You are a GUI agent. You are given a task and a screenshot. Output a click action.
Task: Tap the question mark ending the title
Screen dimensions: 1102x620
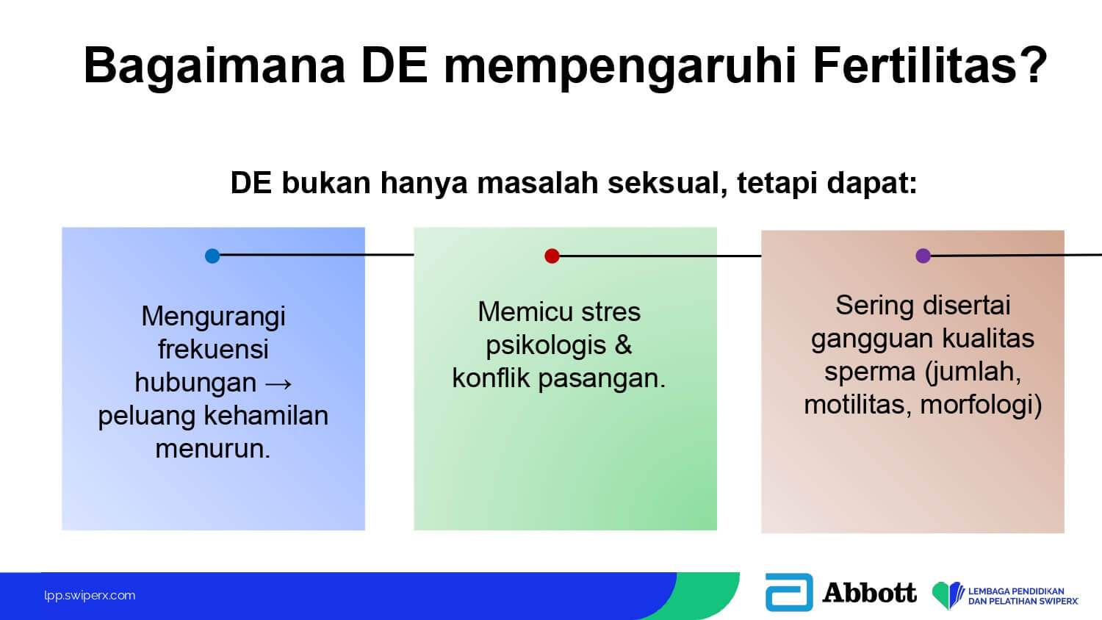(1031, 65)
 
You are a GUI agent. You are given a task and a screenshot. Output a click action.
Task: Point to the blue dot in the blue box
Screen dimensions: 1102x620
(212, 256)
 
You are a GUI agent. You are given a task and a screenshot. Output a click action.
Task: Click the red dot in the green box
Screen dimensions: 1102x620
(552, 256)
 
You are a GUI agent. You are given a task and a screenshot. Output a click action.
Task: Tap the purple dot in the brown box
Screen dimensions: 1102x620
(923, 256)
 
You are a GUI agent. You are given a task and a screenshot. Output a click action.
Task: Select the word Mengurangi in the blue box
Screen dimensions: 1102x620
(213, 317)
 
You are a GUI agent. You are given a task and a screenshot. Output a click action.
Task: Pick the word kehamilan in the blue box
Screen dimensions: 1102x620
(266, 415)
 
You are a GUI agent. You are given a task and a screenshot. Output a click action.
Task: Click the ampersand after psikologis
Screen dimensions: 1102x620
(623, 345)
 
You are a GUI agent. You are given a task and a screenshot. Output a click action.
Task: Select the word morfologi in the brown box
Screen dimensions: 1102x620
(977, 405)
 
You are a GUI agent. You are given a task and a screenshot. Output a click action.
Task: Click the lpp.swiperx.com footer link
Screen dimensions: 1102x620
(90, 596)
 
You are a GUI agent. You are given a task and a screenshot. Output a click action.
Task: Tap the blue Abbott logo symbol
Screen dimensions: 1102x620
(789, 592)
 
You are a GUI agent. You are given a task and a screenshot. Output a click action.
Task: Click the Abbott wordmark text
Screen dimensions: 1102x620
(869, 592)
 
